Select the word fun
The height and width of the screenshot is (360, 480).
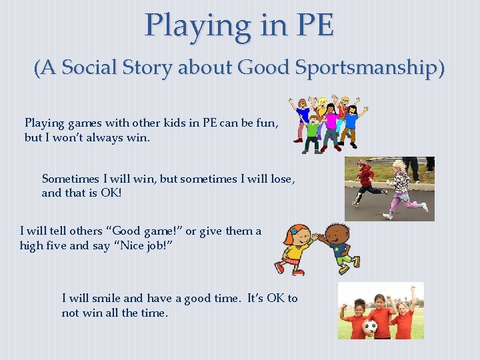[265, 123]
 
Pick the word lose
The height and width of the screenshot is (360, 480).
[279, 179]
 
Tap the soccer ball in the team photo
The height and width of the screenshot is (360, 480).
[370, 327]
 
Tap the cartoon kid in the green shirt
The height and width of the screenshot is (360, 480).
[311, 130]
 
